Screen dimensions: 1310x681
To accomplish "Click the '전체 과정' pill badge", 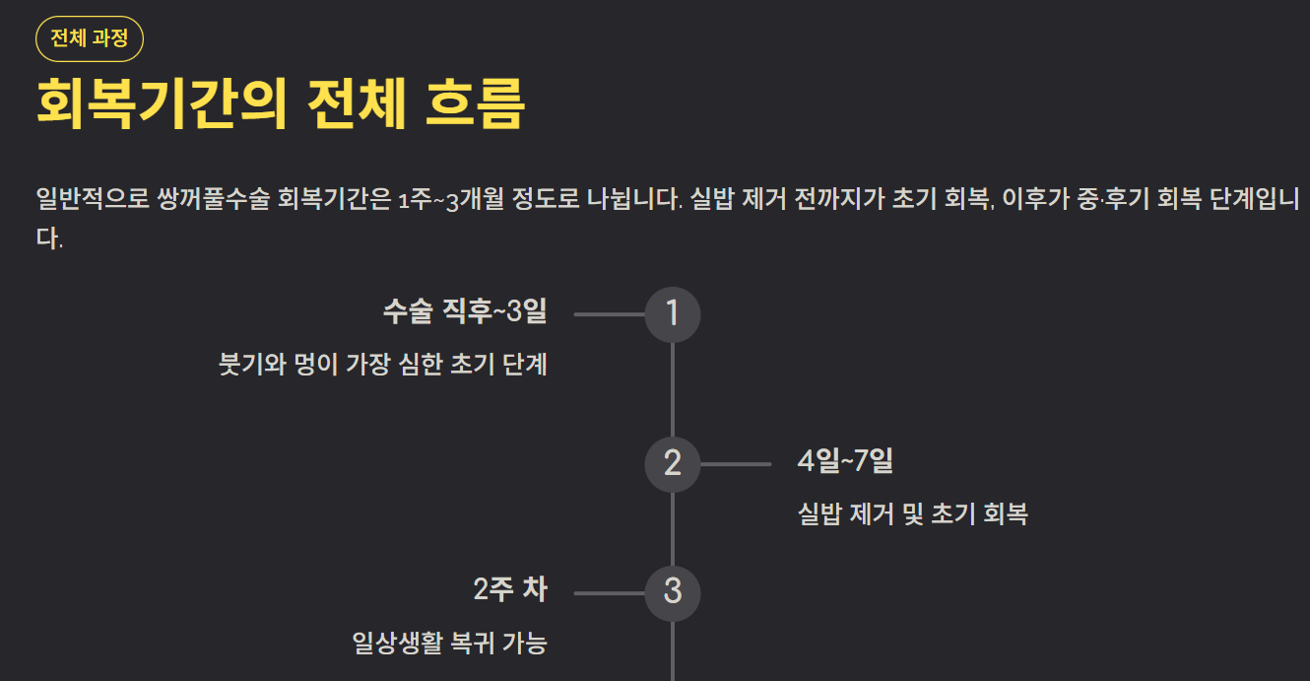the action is click(90, 39).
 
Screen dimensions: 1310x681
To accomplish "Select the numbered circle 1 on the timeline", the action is click(673, 314).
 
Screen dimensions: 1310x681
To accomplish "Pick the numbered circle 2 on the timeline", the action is click(673, 463).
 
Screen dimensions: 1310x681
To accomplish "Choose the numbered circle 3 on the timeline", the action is click(673, 591).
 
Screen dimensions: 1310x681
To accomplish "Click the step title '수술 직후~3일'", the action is click(464, 312).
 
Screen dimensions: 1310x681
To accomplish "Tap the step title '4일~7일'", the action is click(845, 460).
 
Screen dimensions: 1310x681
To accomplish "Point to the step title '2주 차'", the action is click(509, 590).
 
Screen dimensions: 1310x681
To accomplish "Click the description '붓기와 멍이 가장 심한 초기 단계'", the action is click(382, 365).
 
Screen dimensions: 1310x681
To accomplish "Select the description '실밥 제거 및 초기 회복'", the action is click(912, 513).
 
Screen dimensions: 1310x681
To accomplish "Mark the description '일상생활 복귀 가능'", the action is click(449, 644).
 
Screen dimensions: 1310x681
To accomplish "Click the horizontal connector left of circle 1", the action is click(609, 314).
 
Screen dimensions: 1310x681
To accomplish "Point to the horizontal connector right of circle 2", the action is click(736, 463).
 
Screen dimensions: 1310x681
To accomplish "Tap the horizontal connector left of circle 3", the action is click(609, 593).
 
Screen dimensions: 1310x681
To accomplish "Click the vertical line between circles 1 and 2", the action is click(673, 389).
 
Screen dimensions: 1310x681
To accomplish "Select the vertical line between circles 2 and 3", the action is click(673, 527).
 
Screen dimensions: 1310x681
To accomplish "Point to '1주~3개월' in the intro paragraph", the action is click(450, 199).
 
